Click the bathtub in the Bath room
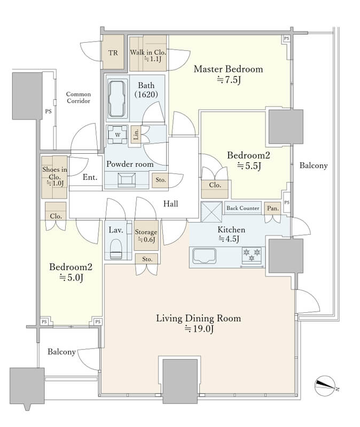tap(118, 98)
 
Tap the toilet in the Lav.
tap(116, 249)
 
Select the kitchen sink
tap(204, 256)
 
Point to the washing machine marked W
tap(118, 135)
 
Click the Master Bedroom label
tap(229, 69)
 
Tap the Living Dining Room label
tap(198, 318)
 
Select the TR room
tap(113, 52)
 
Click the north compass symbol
tap(325, 385)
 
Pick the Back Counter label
tap(243, 208)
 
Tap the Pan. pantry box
tap(272, 208)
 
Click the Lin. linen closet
tap(136, 134)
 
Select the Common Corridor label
tap(79, 98)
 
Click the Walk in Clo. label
tap(148, 52)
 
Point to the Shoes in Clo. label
tap(54, 172)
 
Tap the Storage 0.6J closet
tap(146, 235)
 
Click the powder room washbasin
tap(127, 180)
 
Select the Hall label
tap(170, 204)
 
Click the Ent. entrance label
tap(90, 177)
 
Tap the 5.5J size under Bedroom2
tap(249, 166)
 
